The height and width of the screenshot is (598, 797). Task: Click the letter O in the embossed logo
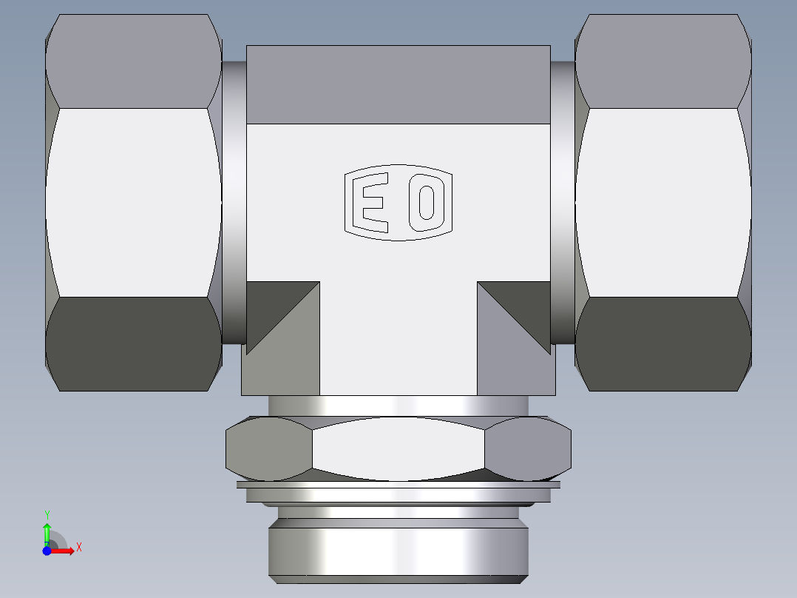426,202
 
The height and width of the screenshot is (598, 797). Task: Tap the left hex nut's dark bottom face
133,344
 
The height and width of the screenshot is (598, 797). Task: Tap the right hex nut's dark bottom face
663,344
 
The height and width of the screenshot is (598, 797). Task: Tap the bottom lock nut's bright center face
398,448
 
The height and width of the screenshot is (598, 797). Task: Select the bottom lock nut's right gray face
528,448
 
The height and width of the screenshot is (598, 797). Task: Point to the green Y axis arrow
47,531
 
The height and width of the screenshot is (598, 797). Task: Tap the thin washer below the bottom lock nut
398,486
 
